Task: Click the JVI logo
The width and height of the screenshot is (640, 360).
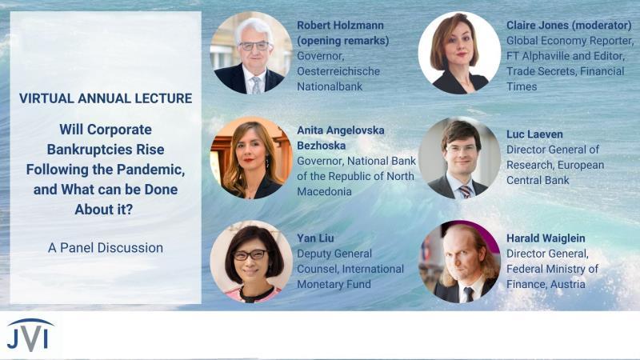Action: pos(30,335)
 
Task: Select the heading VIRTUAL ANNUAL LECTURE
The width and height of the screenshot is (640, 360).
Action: pos(106,98)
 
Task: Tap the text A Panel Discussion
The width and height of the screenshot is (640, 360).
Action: pos(106,248)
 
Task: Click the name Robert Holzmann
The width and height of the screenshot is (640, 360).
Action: pos(340,26)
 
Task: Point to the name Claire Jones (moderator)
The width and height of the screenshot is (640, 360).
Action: pos(569,26)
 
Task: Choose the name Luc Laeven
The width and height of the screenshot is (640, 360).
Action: pos(534,134)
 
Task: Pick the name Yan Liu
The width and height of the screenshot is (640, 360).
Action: pos(315,238)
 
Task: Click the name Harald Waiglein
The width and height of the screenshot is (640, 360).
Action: pos(546,238)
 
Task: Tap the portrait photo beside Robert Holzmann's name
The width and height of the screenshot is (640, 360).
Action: pos(251,53)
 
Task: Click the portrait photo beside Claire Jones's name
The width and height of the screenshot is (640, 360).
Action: pos(459,53)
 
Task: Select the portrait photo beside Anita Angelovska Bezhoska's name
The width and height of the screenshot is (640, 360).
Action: pos(251,158)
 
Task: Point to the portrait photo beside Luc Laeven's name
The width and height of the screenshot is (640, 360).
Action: pos(459,158)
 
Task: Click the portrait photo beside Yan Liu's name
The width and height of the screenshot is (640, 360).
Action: pos(251,262)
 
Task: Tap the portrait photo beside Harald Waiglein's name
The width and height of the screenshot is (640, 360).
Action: pos(459,262)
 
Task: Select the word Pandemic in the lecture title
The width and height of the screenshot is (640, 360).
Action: pos(150,170)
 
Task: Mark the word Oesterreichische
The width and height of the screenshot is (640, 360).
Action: pos(338,71)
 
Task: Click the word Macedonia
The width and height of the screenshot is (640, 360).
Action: pos(324,191)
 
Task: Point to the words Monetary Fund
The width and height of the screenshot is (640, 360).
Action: pos(334,284)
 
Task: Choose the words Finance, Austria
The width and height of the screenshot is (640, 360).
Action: pos(546,284)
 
